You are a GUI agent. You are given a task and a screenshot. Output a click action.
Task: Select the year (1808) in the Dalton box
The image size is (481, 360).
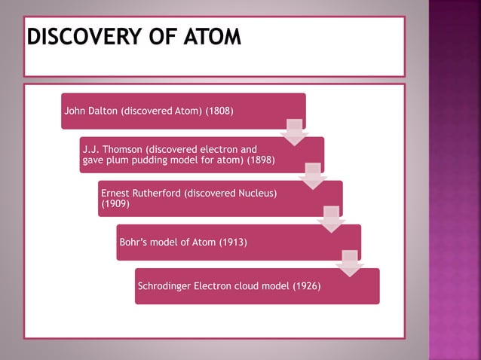[219, 111]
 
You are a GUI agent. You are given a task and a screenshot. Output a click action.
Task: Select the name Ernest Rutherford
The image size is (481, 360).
[140, 194]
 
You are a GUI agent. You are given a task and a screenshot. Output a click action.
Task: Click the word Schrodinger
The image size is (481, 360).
[164, 286]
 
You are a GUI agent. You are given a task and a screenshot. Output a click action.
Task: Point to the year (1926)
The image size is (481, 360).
[307, 286]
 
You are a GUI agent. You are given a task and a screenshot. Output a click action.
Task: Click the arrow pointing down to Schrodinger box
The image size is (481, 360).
[349, 264]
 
